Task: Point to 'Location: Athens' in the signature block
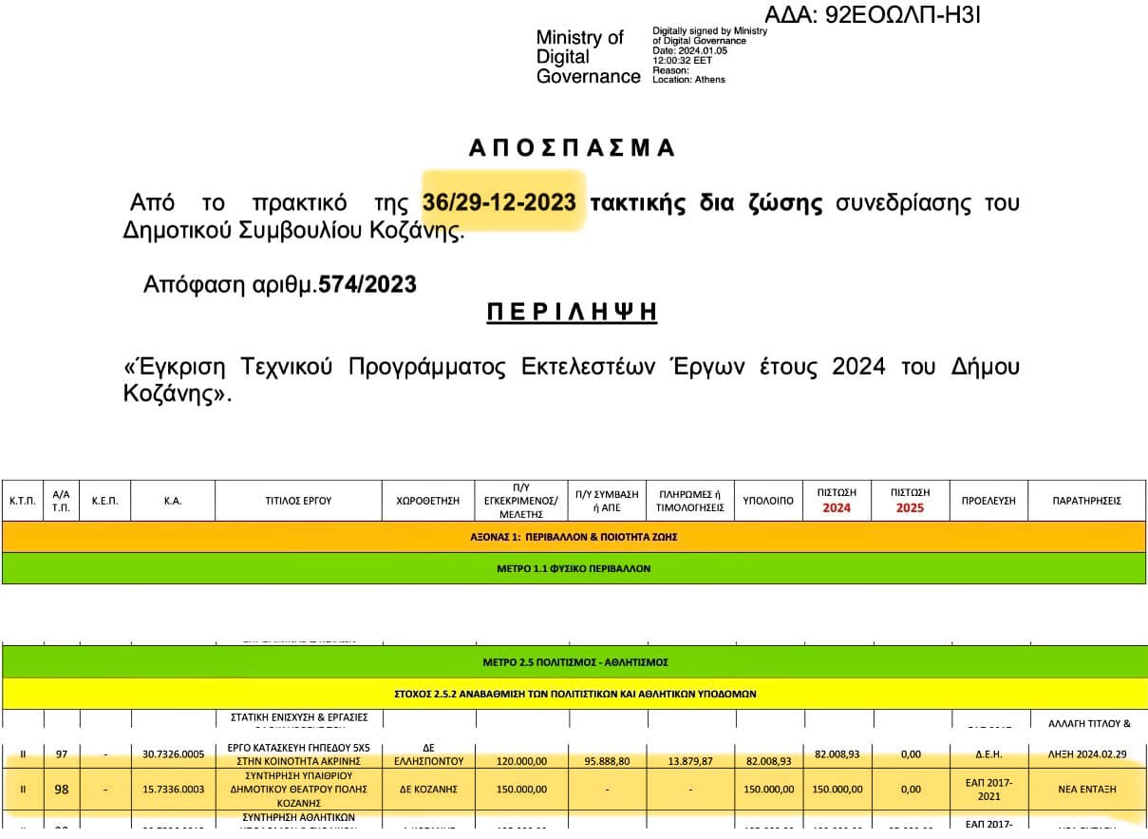[688, 80]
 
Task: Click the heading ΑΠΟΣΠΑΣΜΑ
[572, 148]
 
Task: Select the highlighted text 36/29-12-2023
[499, 203]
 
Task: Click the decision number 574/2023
[367, 284]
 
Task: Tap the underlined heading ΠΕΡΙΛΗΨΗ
[572, 314]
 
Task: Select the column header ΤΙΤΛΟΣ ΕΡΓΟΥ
[298, 501]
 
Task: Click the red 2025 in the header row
[910, 507]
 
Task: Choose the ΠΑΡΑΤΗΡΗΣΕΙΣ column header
[1086, 501]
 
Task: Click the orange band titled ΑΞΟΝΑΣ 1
[574, 537]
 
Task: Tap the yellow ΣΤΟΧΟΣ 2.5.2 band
[574, 694]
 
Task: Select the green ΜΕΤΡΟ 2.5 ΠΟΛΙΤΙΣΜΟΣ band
[574, 661]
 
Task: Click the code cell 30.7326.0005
[173, 754]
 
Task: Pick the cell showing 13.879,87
[690, 761]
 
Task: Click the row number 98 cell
[62, 789]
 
